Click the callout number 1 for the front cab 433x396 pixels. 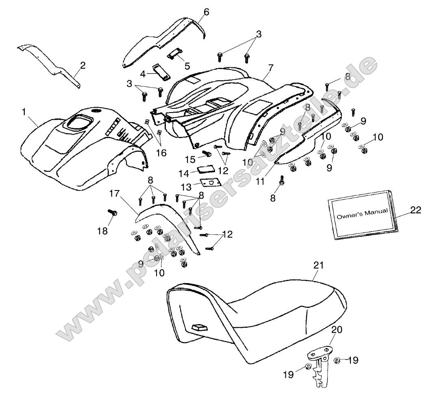pos(25,111)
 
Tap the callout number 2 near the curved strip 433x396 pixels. pos(83,65)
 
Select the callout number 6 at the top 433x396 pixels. pos(206,12)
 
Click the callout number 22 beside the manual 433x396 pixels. pos(416,210)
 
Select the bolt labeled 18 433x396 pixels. pos(112,212)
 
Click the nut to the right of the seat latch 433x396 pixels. pos(337,360)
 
